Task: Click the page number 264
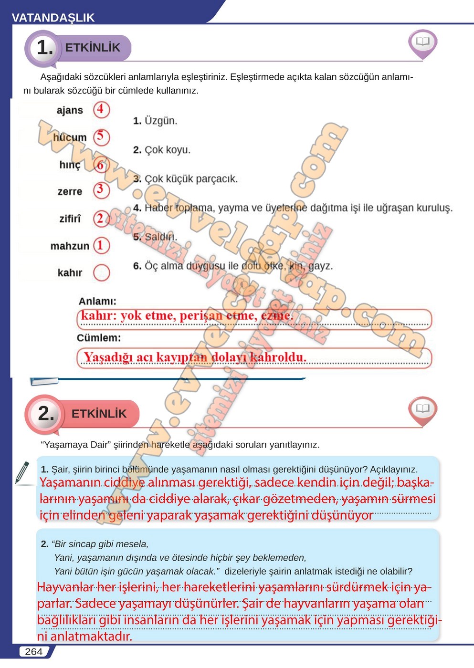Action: pyautogui.click(x=33, y=652)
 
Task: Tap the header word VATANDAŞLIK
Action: pyautogui.click(x=53, y=18)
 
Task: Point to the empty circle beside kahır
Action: pyautogui.click(x=101, y=272)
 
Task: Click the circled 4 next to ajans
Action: pyautogui.click(x=101, y=109)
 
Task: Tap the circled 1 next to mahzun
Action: pyautogui.click(x=101, y=245)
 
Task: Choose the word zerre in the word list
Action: pyautogui.click(x=70, y=191)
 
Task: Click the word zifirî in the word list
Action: pyautogui.click(x=70, y=219)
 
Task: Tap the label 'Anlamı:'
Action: pyautogui.click(x=97, y=301)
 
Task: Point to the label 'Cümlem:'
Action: pyautogui.click(x=99, y=338)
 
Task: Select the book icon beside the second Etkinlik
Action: pyautogui.click(x=422, y=409)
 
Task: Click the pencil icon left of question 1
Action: pyautogui.click(x=22, y=472)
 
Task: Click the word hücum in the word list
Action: pyautogui.click(x=70, y=137)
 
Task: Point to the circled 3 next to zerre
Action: pyautogui.click(x=101, y=190)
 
